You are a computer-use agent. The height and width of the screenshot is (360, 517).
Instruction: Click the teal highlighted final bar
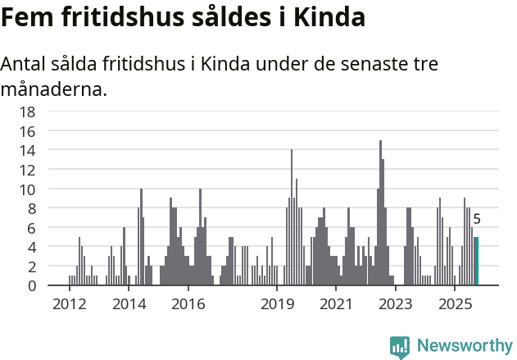tap(477, 262)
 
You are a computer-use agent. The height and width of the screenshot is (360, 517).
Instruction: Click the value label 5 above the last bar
tap(477, 220)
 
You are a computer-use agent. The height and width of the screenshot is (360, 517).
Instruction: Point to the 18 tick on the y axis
tap(28, 112)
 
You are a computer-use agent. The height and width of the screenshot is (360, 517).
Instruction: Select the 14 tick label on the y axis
tap(28, 150)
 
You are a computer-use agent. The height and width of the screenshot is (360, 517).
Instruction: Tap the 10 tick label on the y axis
tap(28, 189)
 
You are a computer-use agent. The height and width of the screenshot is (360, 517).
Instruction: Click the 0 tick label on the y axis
tap(32, 286)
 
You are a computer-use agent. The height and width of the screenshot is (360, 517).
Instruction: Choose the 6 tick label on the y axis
tap(32, 228)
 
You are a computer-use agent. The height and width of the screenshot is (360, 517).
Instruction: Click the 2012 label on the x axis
tap(69, 304)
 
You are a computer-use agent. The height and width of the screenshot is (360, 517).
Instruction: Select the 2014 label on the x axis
tap(129, 304)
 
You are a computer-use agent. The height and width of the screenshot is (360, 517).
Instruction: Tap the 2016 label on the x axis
tap(188, 304)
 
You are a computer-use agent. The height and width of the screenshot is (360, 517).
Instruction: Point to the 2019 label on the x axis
tap(277, 304)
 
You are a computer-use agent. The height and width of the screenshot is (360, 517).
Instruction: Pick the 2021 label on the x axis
tap(336, 304)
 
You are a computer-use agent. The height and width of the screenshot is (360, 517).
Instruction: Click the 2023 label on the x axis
tap(396, 304)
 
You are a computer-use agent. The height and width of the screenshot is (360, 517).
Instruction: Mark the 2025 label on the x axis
tap(455, 304)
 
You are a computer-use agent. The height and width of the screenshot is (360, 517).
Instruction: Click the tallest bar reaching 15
tap(380, 213)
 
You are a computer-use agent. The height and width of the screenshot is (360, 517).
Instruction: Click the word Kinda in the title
tap(332, 17)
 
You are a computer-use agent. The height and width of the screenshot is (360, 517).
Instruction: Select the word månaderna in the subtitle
tap(54, 89)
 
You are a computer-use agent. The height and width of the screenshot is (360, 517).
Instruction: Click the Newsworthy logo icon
tap(400, 346)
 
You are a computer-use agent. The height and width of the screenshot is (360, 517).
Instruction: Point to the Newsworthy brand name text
tap(464, 346)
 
